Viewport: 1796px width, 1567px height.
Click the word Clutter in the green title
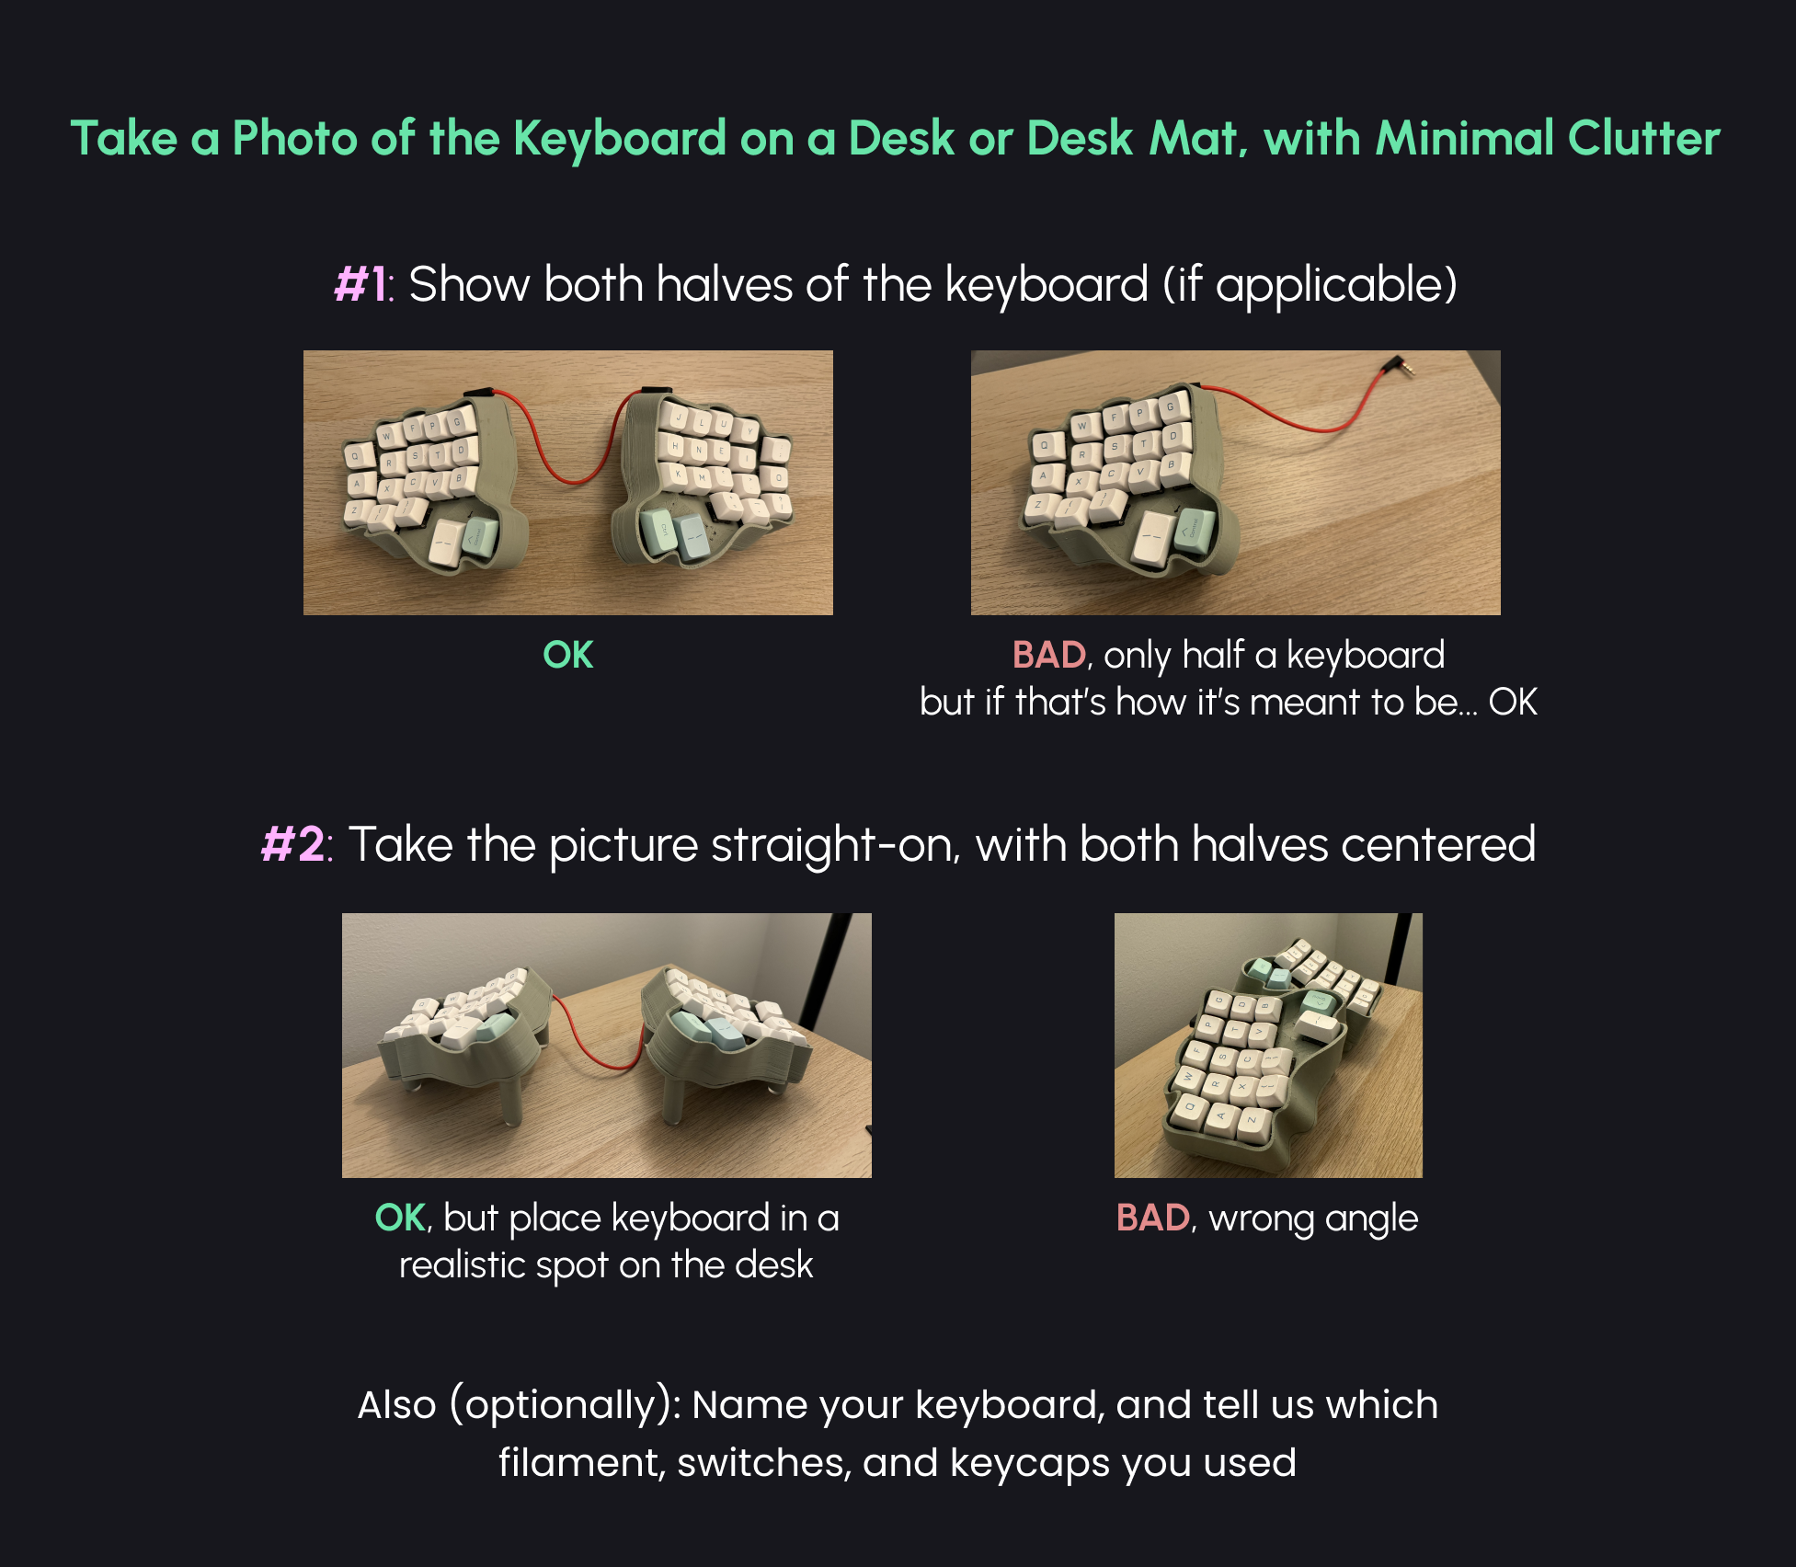coord(1643,138)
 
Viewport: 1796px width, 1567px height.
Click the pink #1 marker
coord(362,284)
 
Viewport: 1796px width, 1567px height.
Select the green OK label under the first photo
coord(567,655)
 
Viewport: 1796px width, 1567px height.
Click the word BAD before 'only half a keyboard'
coord(1048,655)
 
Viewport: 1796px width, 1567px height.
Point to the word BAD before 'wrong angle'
coord(1152,1218)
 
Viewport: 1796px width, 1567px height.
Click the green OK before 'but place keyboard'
coord(400,1218)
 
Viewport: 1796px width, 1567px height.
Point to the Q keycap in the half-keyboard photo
coord(1044,447)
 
